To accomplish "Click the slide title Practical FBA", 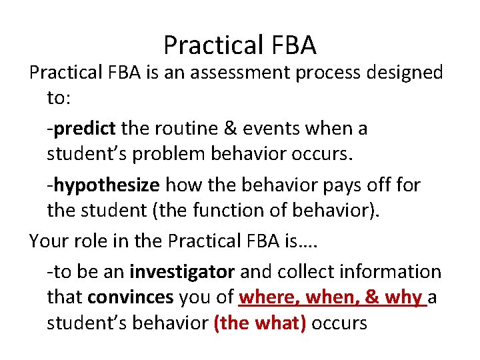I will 240,45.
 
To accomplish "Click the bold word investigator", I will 182,271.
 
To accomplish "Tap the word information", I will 395,271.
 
